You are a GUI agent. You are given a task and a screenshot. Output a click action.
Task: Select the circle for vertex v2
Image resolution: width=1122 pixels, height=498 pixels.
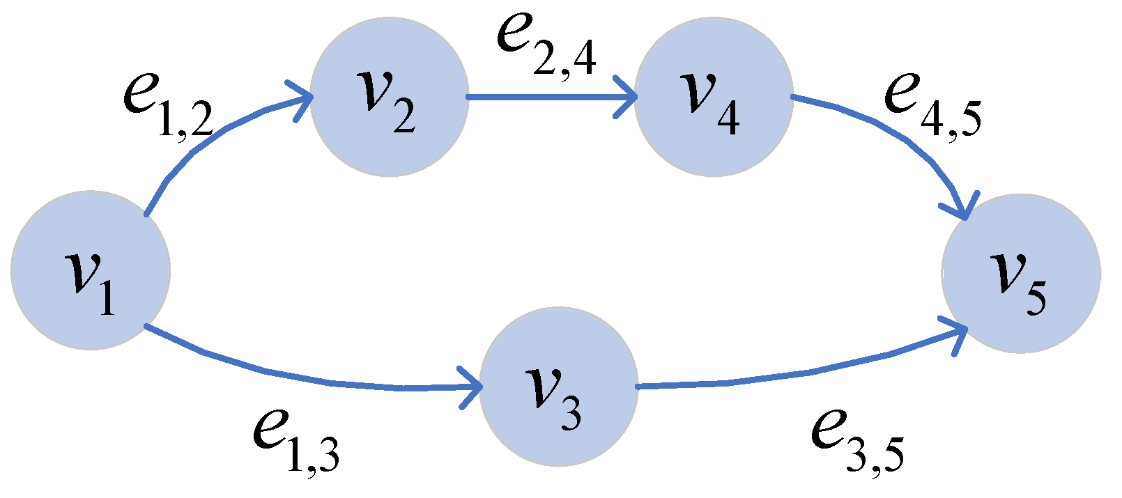point(389,98)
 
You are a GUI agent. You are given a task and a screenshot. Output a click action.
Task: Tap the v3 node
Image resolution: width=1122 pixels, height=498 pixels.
point(559,387)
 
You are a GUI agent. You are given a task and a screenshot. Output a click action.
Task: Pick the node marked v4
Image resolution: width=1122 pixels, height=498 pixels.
point(714,98)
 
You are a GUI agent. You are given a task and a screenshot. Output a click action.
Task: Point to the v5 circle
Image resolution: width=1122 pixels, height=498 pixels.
point(1021,273)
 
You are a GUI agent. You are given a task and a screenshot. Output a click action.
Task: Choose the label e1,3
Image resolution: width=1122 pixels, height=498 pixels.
point(296,439)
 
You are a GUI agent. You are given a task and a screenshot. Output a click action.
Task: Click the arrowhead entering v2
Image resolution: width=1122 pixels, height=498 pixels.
point(301,100)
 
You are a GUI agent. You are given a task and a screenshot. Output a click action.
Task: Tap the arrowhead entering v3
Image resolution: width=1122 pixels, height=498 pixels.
point(472,387)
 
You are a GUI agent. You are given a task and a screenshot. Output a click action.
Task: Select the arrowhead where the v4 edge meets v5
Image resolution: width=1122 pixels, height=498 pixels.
point(962,209)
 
